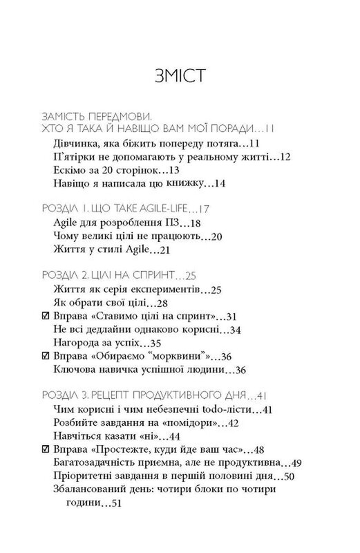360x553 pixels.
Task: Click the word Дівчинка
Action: pos(77,143)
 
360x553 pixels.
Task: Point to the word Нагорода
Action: pos(76,342)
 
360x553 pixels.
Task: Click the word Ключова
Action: pos(74,371)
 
